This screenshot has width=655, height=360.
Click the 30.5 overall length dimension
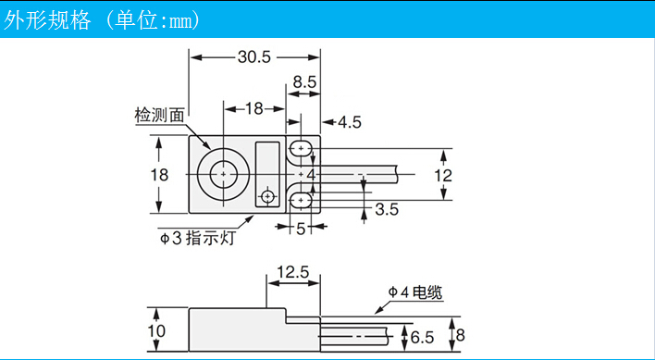click(x=253, y=56)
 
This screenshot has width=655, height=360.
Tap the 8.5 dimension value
click(x=304, y=82)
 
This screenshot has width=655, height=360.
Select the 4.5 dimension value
click(x=350, y=121)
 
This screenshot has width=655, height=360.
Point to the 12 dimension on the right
click(x=444, y=174)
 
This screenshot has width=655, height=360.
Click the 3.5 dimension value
click(x=387, y=210)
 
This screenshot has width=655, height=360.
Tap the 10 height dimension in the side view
click(x=156, y=330)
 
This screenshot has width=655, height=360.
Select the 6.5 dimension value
click(x=423, y=336)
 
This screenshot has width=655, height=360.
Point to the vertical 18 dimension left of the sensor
click(x=159, y=174)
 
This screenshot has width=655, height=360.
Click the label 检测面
click(x=159, y=115)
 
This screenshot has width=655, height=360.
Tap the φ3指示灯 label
click(x=200, y=239)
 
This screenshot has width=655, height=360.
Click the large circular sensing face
click(x=224, y=173)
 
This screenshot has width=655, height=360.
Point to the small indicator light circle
click(x=268, y=197)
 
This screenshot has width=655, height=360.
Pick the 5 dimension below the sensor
click(x=300, y=227)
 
